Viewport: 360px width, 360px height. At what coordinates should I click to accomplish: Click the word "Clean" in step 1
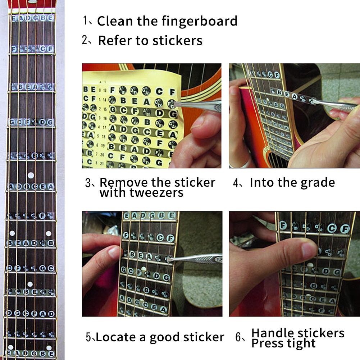pyautogui.click(x=115, y=21)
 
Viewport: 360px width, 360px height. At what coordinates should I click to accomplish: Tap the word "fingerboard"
pyautogui.click(x=199, y=21)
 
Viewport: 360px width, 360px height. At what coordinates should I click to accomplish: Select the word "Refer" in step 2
pyautogui.click(x=115, y=40)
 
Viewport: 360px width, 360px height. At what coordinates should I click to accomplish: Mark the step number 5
pyautogui.click(x=89, y=337)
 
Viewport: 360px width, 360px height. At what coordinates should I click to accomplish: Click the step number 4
pyautogui.click(x=236, y=183)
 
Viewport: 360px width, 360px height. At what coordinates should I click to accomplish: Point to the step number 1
pyautogui.click(x=86, y=20)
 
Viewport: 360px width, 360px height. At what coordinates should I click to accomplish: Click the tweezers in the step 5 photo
pyautogui.click(x=198, y=258)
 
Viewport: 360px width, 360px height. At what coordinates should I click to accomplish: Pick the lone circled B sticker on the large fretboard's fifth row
pyautogui.click(x=35, y=156)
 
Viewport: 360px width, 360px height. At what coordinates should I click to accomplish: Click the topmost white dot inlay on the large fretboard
pyautogui.click(x=31, y=175)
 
